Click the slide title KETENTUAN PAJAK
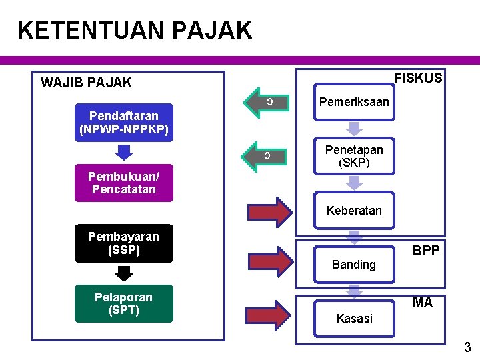click(x=135, y=31)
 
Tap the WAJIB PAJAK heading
click(x=86, y=83)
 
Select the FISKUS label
click(x=418, y=78)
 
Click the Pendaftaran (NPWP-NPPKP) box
click(x=124, y=122)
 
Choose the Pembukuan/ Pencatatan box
click(x=124, y=183)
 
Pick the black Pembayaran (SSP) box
click(x=124, y=243)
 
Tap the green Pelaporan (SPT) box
click(x=124, y=304)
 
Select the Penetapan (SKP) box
click(x=354, y=157)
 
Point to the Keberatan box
click(x=354, y=211)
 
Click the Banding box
click(x=354, y=264)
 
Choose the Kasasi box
click(x=354, y=318)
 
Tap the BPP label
click(x=425, y=251)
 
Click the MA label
click(x=423, y=303)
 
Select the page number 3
click(x=467, y=347)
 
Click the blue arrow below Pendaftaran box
click(x=124, y=152)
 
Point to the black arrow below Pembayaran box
click(x=124, y=273)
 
